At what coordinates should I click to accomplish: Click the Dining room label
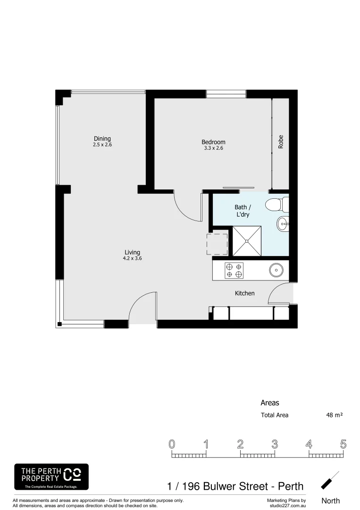coord(102,139)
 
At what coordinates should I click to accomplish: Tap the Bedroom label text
coord(213,142)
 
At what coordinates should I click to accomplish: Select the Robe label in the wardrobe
coord(281,142)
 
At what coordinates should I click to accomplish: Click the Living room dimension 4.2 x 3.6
coord(132,258)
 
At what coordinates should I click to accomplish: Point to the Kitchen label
coord(244,293)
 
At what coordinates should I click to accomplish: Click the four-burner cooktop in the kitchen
coord(234,270)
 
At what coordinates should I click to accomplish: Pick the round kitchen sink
coord(275,270)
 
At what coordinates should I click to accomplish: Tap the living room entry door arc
coord(142,307)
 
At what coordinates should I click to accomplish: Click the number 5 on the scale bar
coord(343,444)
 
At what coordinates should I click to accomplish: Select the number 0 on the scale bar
coord(172,444)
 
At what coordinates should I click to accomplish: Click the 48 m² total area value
coord(334,416)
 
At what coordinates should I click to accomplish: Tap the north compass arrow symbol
coord(330,480)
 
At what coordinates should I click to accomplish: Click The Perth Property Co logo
coord(51,476)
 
